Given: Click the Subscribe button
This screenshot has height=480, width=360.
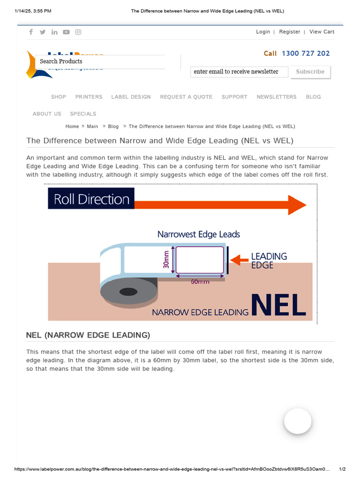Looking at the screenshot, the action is (x=310, y=72).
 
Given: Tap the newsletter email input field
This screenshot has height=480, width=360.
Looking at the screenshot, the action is (x=239, y=72).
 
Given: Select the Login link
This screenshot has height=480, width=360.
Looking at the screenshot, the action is (x=263, y=32).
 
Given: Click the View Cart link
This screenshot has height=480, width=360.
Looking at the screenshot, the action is (x=322, y=32).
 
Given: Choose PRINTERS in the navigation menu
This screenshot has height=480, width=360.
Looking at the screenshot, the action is (x=89, y=97).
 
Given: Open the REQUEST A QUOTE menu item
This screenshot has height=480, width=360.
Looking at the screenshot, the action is (x=186, y=97).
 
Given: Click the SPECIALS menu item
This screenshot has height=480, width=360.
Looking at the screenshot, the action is (x=83, y=114).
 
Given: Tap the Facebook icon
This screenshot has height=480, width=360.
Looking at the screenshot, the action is (x=31, y=32).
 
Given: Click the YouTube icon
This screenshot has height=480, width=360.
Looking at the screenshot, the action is (x=67, y=32).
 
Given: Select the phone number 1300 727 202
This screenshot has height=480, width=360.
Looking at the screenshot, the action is (x=306, y=53).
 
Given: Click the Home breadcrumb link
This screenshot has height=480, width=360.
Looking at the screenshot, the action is (x=72, y=127).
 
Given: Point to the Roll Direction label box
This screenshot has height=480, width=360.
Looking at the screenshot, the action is (x=91, y=199).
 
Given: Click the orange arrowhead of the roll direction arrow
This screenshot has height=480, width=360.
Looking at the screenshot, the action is (x=297, y=205).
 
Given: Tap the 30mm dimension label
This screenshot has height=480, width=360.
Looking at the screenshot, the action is (x=166, y=259).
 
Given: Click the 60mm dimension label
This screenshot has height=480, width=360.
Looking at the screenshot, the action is (x=200, y=282).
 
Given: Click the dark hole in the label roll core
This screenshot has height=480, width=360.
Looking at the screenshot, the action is (x=128, y=292).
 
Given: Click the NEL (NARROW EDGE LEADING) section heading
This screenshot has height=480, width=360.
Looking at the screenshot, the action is (x=88, y=335).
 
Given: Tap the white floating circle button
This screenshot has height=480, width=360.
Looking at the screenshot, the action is (x=298, y=421).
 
